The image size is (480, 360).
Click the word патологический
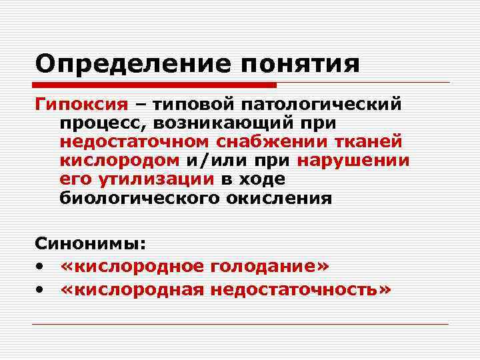[321, 105]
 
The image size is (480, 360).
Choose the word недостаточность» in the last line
[299, 289]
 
